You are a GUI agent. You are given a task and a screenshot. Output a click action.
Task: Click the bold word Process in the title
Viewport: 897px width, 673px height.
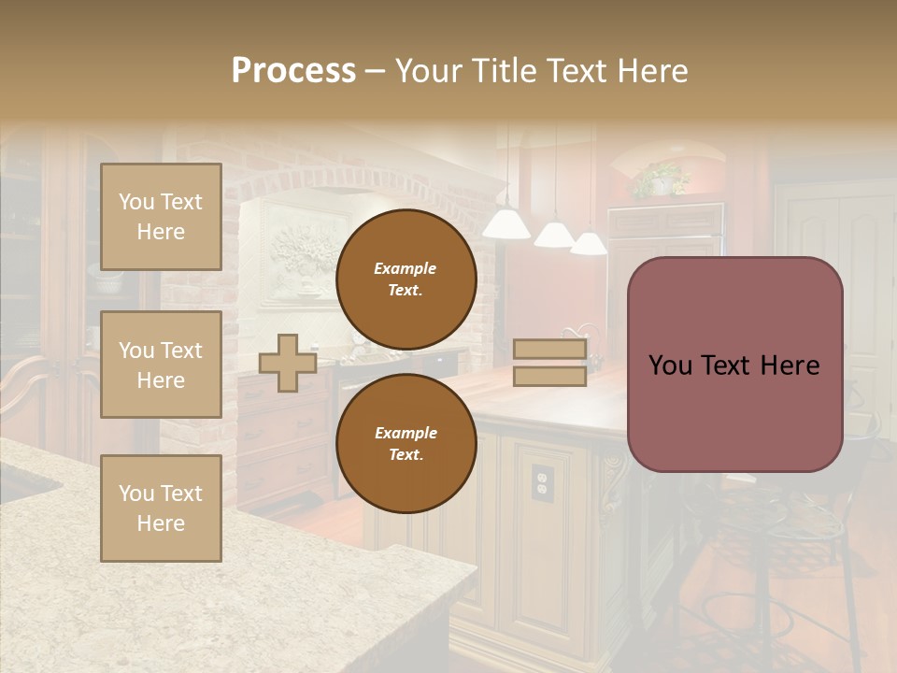(293, 71)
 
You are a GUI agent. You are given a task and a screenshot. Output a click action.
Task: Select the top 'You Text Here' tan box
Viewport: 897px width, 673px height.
(161, 217)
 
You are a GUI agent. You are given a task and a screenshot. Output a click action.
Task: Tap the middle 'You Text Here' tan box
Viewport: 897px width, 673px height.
(161, 365)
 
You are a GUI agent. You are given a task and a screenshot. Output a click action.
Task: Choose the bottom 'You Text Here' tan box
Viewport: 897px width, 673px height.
(161, 508)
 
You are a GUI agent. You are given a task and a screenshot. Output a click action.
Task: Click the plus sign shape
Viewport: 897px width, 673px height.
(288, 363)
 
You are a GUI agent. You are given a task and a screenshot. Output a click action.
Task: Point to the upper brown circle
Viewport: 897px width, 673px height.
(406, 279)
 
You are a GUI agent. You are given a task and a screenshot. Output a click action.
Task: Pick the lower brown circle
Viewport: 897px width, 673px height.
(406, 444)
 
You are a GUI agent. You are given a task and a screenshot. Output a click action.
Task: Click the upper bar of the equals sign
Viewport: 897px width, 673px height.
(549, 350)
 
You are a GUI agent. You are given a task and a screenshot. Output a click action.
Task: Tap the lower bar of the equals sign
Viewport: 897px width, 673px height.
(549, 376)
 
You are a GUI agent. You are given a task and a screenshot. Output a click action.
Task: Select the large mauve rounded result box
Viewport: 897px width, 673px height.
(734, 365)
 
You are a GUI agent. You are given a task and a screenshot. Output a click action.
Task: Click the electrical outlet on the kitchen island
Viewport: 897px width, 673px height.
(542, 480)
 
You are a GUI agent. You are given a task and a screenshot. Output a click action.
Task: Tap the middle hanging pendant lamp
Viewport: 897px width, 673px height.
(554, 234)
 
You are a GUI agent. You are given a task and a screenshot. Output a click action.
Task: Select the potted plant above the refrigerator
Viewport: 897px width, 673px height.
(662, 178)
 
